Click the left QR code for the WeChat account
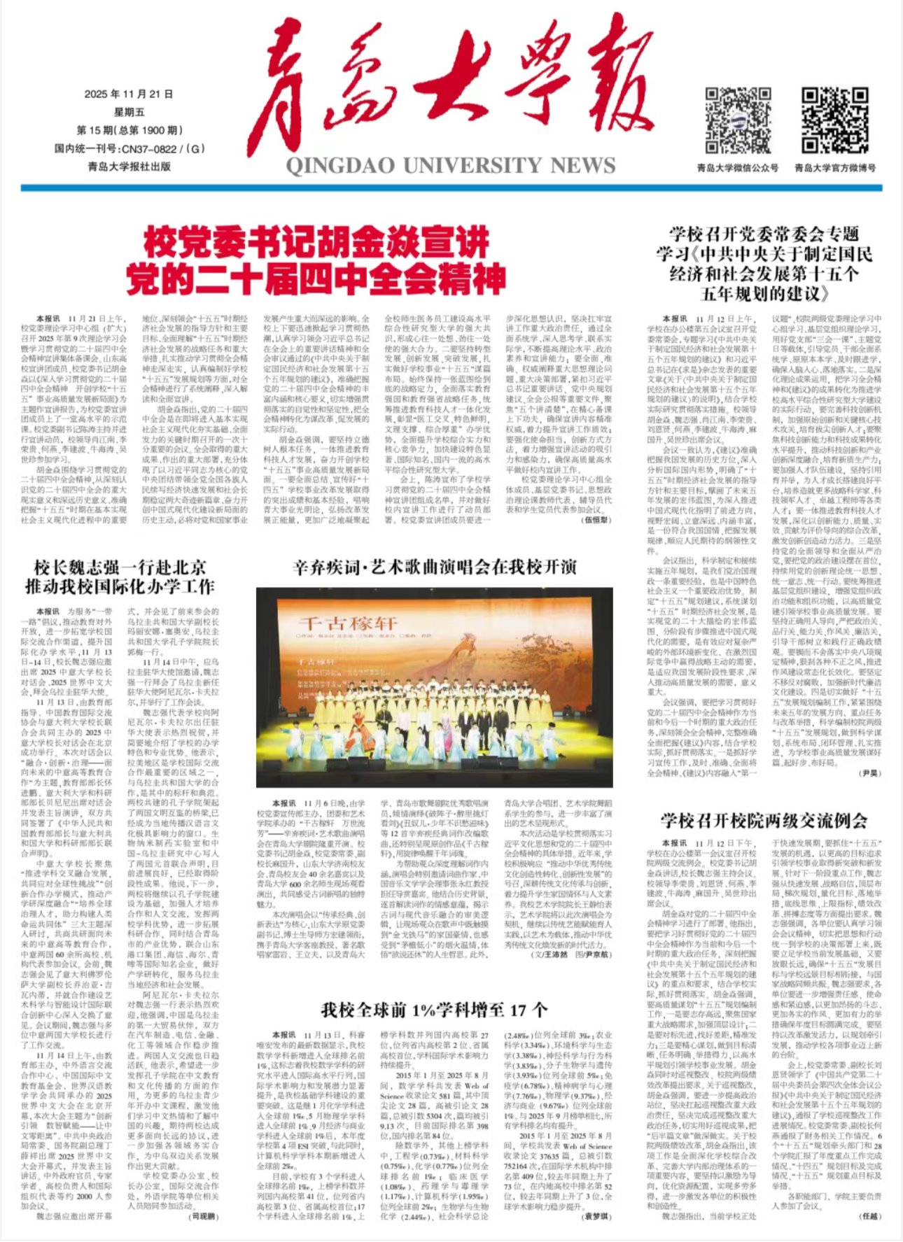tap(737, 120)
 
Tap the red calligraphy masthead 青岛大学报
tap(448, 91)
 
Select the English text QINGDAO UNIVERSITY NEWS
tap(450, 166)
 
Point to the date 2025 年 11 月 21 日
tap(129, 94)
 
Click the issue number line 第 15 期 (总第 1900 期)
tap(129, 130)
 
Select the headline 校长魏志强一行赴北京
tap(120, 567)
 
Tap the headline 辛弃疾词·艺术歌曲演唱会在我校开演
tap(434, 567)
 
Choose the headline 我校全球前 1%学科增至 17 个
tap(434, 1009)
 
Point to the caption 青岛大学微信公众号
tap(737, 168)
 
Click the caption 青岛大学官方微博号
tap(834, 168)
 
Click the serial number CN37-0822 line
tap(129, 148)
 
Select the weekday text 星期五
tap(129, 112)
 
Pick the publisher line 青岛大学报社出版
tap(129, 167)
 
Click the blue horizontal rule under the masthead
tap(451, 188)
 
